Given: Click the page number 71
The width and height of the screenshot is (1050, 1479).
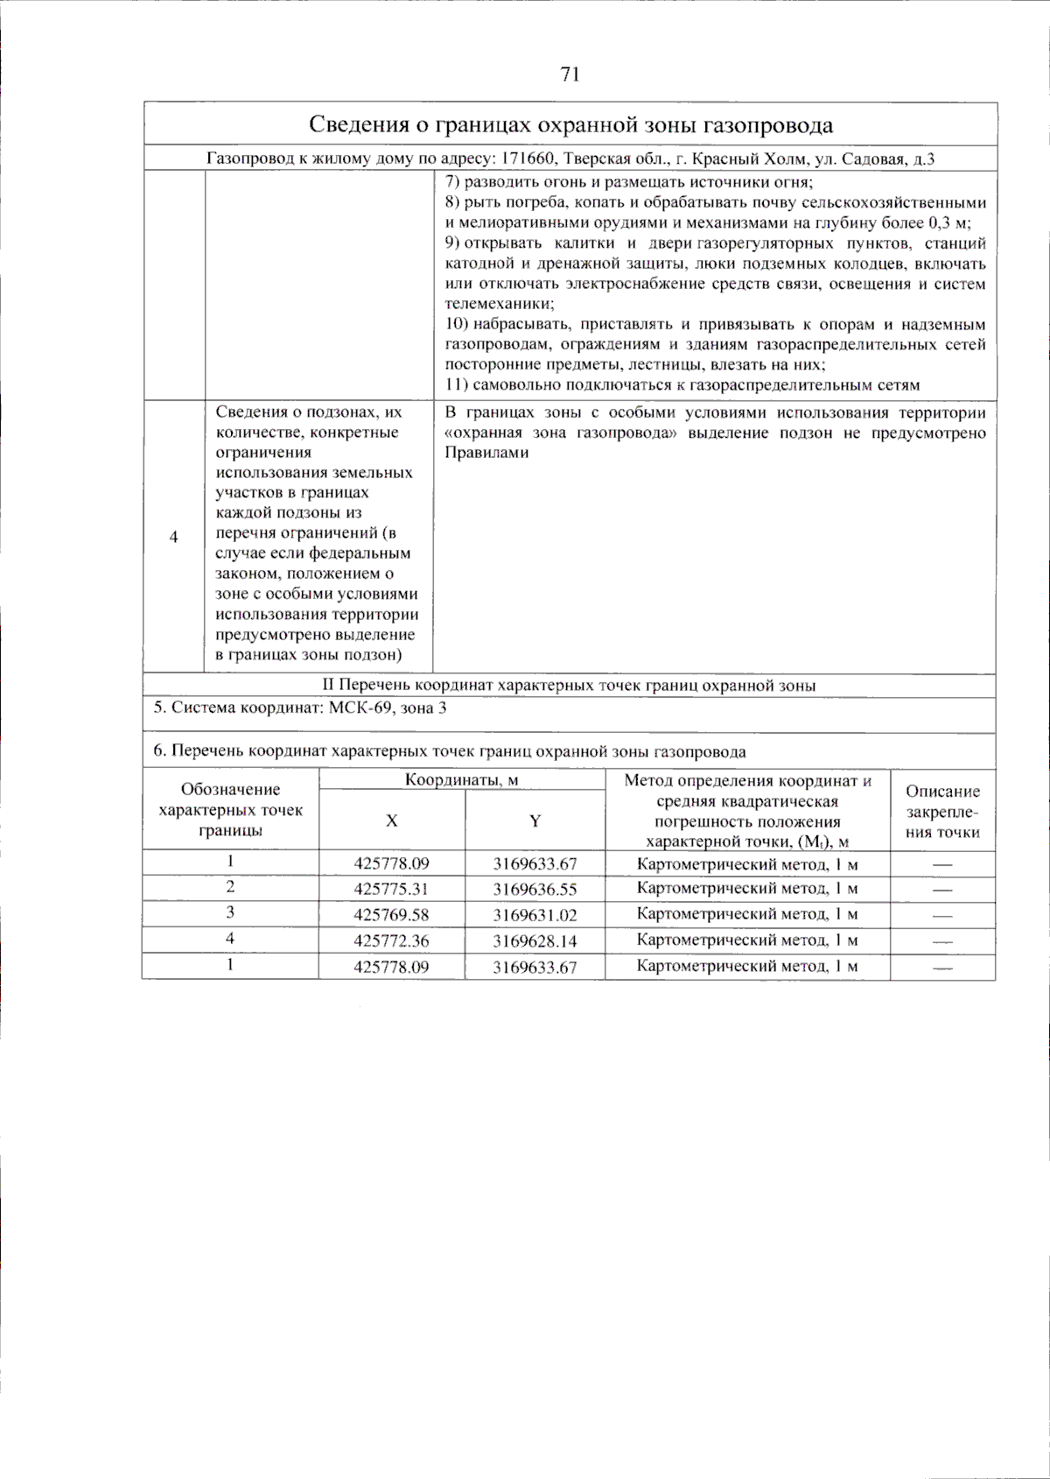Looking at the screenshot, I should click(570, 74).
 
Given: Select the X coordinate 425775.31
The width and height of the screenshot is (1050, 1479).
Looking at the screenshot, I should click(391, 890).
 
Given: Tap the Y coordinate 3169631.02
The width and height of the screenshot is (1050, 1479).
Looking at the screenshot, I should click(535, 916).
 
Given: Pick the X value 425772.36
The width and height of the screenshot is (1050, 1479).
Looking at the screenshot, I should click(391, 941).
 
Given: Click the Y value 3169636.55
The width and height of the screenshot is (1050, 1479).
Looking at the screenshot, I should click(535, 890).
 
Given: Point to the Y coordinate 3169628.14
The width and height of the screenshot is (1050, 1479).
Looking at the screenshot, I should click(535, 941).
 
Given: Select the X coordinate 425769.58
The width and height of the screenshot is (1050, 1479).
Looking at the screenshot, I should click(391, 916).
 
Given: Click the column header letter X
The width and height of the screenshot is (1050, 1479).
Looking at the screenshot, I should click(391, 820).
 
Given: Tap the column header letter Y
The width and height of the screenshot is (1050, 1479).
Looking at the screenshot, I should click(535, 820).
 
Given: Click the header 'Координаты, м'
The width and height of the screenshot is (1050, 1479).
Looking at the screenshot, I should click(461, 780).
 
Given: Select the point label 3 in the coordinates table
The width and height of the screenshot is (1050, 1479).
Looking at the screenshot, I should click(230, 912).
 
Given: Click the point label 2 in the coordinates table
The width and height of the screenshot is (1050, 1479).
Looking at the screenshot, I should click(230, 887).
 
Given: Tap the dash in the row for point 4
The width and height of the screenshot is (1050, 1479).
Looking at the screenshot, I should click(941, 942).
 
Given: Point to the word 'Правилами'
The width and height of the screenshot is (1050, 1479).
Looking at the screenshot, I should click(486, 453).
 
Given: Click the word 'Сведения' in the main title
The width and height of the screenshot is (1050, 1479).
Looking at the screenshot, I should click(358, 124).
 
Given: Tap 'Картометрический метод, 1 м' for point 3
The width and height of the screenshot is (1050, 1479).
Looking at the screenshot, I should click(746, 914).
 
